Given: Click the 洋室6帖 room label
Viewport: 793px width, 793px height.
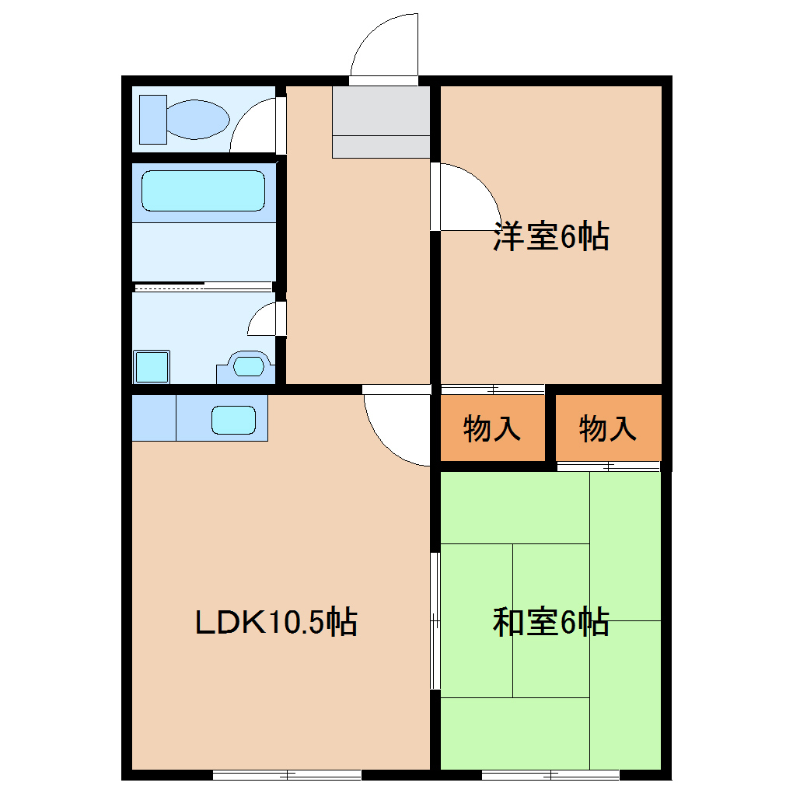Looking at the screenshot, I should [x=550, y=236].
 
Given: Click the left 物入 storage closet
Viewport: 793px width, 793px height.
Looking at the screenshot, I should [x=492, y=428].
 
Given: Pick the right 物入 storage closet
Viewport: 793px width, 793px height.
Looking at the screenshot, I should [x=608, y=428].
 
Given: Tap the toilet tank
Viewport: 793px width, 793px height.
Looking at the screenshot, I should [x=152, y=120].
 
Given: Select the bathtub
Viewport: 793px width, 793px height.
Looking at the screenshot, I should [x=203, y=191].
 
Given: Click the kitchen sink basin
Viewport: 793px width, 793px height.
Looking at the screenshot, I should [x=234, y=421].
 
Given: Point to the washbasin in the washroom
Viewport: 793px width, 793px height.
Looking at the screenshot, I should [x=248, y=365].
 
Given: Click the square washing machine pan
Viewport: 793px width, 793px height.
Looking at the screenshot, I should [x=152, y=366].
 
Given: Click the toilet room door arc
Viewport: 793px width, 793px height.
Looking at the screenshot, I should [x=253, y=128].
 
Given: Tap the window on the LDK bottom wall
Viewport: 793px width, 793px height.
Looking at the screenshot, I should [x=287, y=774].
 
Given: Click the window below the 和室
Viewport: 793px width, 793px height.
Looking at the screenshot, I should [x=550, y=774].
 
